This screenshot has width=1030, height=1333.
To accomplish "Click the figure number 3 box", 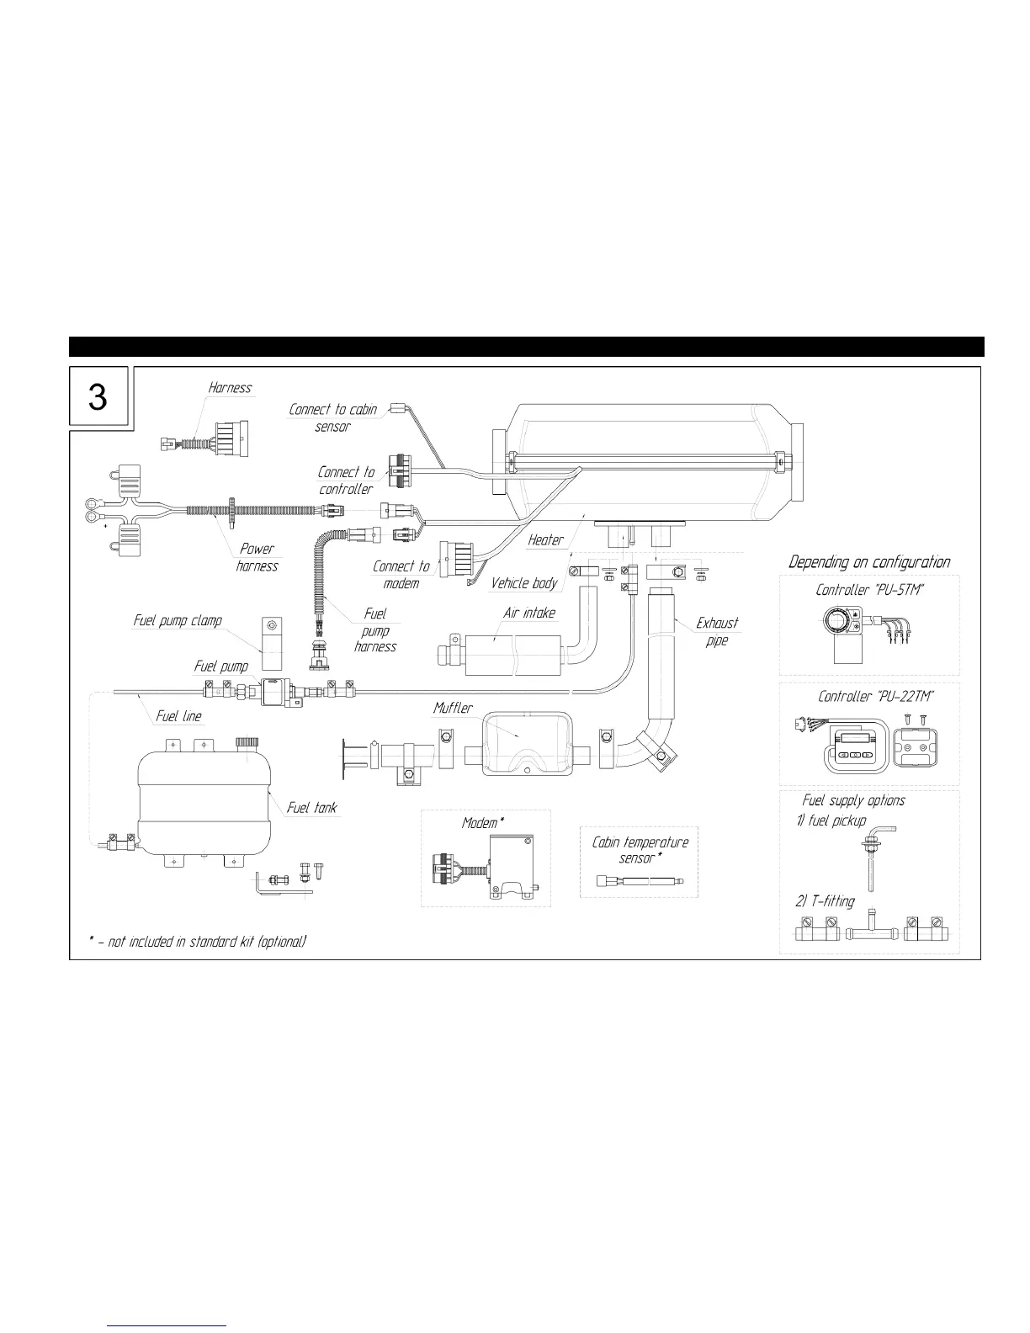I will pos(98,396).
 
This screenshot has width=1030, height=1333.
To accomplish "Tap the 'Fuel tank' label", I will pos(311,808).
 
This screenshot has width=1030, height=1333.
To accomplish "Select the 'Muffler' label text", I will pos(453,709).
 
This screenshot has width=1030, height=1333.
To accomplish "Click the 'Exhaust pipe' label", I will pos(717,631).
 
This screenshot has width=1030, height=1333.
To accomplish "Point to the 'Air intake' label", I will pos(529,613).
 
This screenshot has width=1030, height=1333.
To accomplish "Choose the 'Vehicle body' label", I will pos(524,582).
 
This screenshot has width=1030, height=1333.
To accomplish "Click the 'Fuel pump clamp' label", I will pos(178,620).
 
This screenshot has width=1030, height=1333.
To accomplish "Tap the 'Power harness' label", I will pos(257,557).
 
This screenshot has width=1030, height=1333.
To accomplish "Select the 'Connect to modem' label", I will pos(401,574).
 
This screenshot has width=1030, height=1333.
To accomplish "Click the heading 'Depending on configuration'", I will pos(869,562).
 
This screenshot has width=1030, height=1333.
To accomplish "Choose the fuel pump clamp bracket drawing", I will pos(271,636).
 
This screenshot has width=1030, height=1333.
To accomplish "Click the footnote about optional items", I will pos(198,942).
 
